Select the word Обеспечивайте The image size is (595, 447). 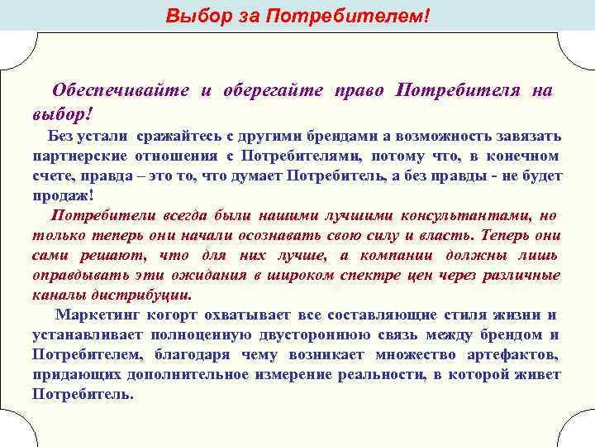(120, 90)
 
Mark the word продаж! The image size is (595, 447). (63, 195)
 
